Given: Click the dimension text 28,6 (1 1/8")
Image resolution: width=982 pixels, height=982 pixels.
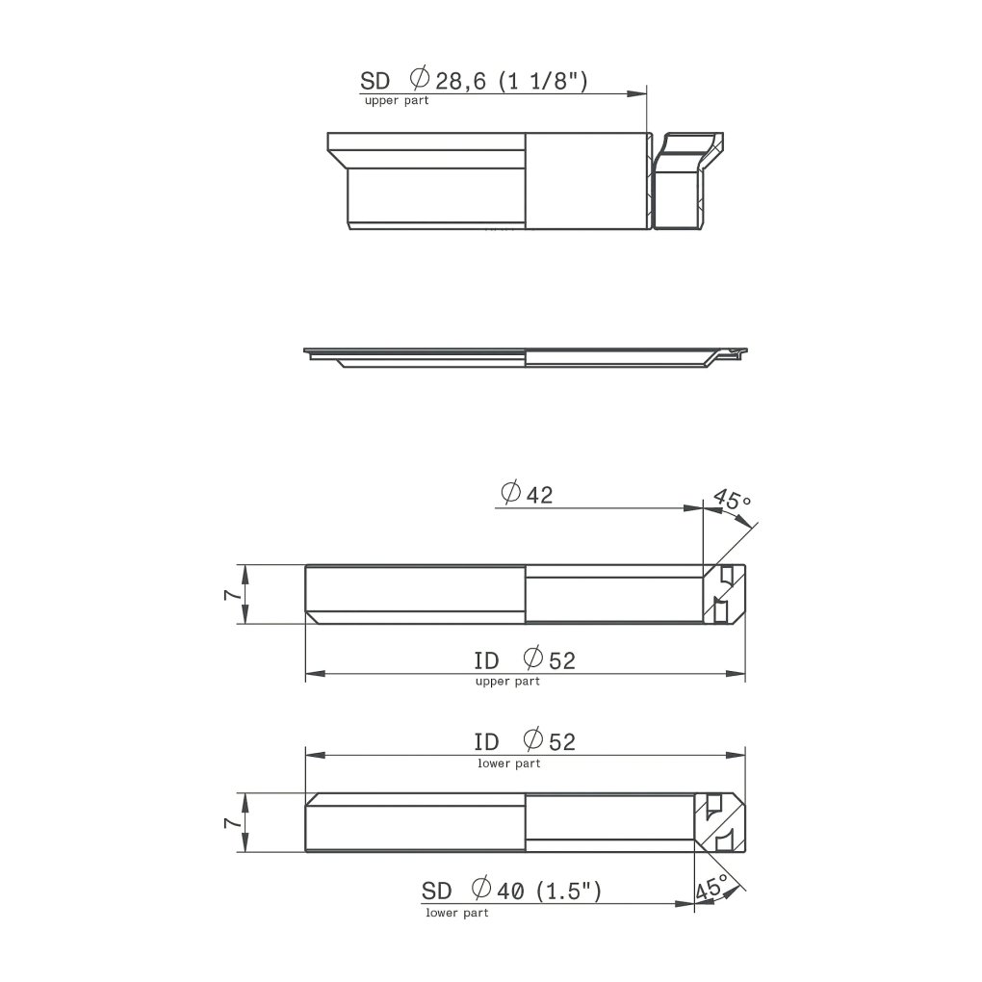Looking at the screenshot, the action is point(511,82).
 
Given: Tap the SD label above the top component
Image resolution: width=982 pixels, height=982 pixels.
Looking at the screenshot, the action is point(375,82).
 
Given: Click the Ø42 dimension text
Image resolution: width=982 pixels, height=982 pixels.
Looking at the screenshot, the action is point(528,494).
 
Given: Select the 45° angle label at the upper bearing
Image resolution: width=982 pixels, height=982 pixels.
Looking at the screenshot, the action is point(732,501).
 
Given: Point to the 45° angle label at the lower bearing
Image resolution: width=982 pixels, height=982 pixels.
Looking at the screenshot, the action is point(711,888).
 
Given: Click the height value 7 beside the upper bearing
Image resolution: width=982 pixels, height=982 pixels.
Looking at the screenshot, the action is point(232,594).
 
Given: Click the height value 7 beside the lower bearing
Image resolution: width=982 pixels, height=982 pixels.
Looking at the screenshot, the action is point(232,821).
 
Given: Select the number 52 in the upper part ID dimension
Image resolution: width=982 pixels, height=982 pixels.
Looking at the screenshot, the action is point(562,660).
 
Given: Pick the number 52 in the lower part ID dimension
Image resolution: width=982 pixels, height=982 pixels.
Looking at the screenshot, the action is point(562,742).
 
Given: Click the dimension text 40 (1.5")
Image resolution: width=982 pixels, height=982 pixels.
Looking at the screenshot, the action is point(549,891).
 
